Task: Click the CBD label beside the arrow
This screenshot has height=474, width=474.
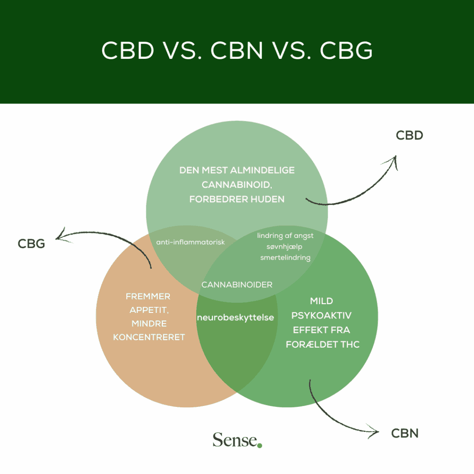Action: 410,136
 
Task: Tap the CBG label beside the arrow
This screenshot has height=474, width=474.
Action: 31,243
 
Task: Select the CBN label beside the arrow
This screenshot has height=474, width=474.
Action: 405,433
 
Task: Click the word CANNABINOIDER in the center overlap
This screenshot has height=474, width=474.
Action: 237,285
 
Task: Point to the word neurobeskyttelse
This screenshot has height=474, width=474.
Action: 236,318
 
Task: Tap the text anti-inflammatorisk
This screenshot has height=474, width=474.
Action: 190,242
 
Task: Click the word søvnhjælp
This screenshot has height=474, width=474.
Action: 285,246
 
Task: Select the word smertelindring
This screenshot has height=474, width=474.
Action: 285,257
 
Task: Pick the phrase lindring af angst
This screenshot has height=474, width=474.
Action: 285,236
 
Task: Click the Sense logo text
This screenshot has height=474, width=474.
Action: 235,440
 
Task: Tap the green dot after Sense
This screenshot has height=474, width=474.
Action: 260,445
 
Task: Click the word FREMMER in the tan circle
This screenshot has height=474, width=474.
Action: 148,297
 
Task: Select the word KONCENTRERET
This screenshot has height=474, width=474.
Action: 149,337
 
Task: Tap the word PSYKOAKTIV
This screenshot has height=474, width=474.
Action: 321,316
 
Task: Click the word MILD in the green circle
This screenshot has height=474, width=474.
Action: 321,301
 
